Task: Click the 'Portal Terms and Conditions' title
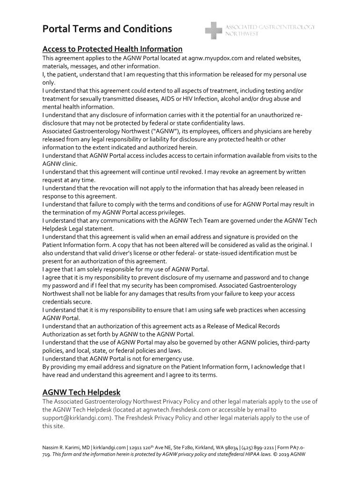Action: coord(107,29)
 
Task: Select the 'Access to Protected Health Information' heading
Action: coord(112,49)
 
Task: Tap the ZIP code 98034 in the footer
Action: coord(232,447)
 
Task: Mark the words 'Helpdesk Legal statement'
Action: coord(78,229)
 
